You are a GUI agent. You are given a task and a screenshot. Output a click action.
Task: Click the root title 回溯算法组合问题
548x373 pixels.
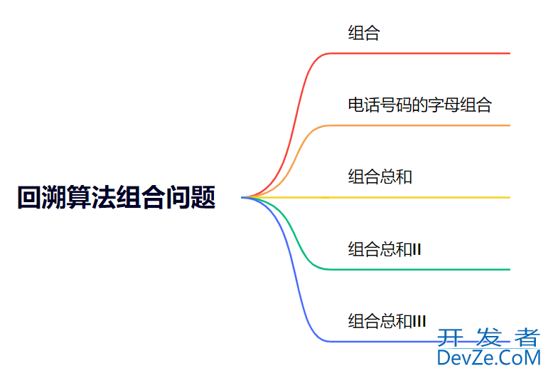point(116,197)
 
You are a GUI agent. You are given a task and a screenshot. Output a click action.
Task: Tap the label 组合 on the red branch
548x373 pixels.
point(364,33)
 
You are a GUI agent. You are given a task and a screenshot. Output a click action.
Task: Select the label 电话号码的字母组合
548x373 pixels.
point(419,105)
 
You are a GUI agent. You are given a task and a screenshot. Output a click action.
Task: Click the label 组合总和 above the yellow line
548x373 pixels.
point(380,177)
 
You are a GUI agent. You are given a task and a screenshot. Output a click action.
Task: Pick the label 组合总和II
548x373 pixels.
point(385,249)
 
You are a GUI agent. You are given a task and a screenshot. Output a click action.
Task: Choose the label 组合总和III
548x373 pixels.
point(387,321)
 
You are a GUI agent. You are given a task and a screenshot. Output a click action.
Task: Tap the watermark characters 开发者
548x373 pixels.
point(488,336)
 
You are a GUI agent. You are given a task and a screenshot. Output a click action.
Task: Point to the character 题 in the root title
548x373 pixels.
point(204,197)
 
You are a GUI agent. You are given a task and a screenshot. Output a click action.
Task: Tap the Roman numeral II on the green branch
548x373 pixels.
point(417,249)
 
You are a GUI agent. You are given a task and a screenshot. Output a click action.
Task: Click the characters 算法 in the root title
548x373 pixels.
point(91,197)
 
